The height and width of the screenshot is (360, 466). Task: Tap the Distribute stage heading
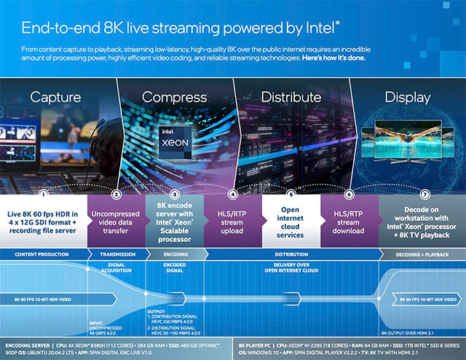pyautogui.click(x=291, y=98)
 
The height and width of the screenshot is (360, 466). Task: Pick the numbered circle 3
pyautogui.click(x=175, y=194)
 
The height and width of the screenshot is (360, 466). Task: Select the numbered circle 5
pyautogui.click(x=291, y=194)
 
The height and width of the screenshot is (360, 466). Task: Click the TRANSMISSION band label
pyautogui.click(x=116, y=255)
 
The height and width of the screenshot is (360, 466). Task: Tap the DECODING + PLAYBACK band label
pyautogui.click(x=422, y=255)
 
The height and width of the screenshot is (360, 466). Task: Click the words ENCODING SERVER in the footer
pyautogui.click(x=29, y=343)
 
